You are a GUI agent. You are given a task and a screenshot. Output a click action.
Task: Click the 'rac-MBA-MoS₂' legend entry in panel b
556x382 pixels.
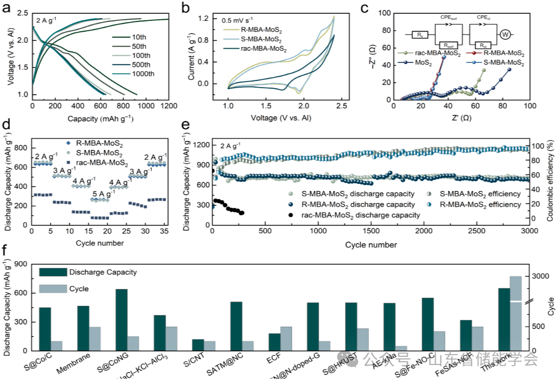click(x=261, y=49)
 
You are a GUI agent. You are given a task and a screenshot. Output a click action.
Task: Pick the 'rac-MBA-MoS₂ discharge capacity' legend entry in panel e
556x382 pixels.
click(x=360, y=215)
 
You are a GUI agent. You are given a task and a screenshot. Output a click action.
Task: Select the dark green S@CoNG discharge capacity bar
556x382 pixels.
click(x=122, y=320)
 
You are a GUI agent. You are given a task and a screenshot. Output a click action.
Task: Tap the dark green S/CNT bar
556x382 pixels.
click(x=198, y=345)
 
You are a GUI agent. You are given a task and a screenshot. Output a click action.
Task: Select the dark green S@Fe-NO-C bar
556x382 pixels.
click(x=428, y=324)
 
